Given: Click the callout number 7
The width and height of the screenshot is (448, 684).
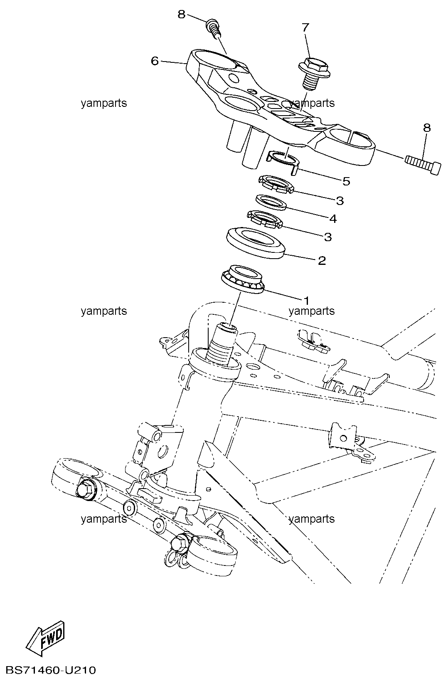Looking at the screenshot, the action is click(x=305, y=28).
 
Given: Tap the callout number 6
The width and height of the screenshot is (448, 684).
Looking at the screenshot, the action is click(x=155, y=62).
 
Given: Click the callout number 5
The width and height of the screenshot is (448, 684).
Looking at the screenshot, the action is click(x=346, y=181).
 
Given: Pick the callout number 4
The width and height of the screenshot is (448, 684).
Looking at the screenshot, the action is click(x=333, y=219).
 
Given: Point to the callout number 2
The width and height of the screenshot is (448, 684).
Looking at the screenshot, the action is click(x=322, y=260).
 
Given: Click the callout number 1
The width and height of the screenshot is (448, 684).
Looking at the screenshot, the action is click(x=306, y=301).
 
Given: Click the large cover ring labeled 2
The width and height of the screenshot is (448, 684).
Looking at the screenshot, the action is click(x=256, y=243).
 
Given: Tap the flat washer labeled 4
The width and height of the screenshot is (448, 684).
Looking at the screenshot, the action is click(x=271, y=202).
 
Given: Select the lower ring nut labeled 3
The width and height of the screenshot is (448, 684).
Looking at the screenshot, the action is click(x=265, y=219).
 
